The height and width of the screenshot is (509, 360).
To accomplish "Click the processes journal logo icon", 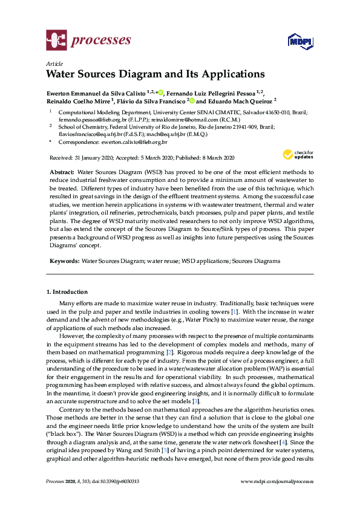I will click(56, 41).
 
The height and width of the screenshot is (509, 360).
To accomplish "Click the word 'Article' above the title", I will click(54, 63).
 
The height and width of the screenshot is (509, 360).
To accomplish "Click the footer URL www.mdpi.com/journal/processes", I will click(277, 481).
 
